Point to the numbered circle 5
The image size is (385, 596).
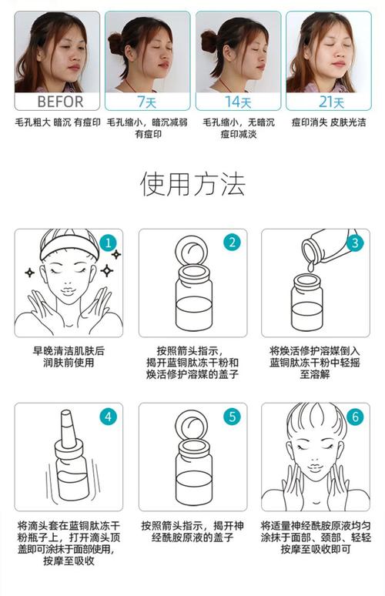(x=233, y=417)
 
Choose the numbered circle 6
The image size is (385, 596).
(x=355, y=417)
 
